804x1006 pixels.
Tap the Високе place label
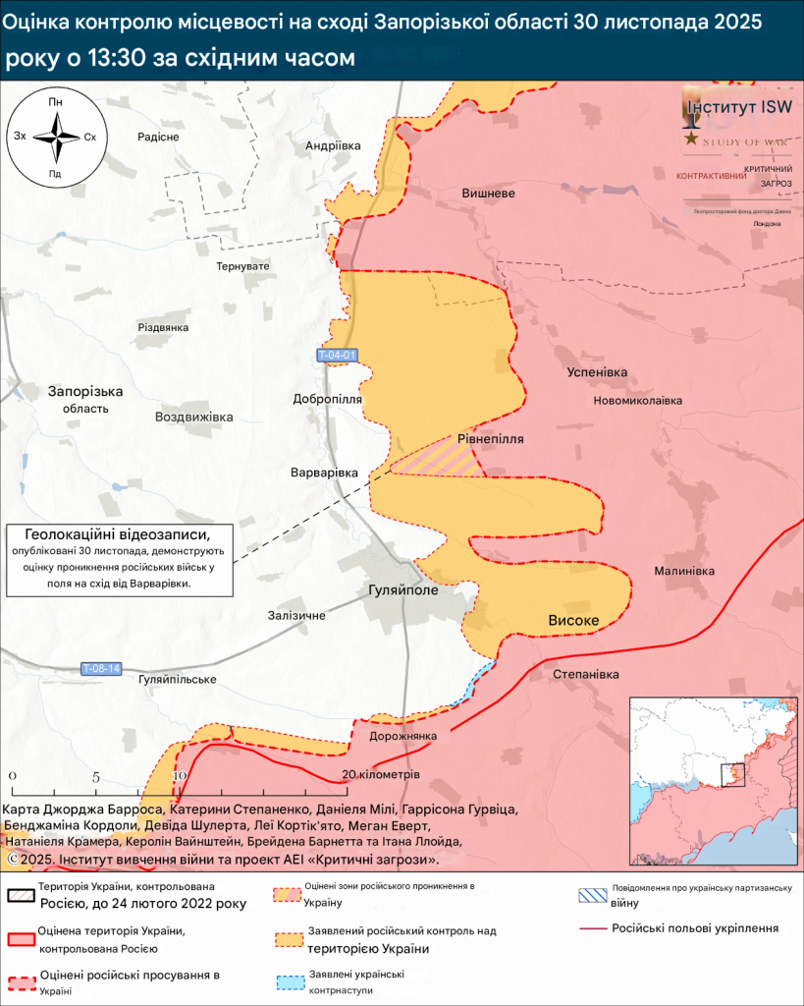coord(573,620)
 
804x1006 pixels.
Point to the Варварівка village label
coord(324,473)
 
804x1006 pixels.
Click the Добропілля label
coord(327,399)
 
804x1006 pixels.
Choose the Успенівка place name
coord(597,372)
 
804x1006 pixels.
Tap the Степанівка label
coord(586,674)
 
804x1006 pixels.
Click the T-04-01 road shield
coord(338,355)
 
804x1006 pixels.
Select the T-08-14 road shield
coord(101,669)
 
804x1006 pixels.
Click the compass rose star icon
coord(56,138)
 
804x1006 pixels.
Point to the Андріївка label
coord(333,144)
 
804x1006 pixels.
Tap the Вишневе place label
coord(488,194)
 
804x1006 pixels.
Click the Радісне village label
coord(158,137)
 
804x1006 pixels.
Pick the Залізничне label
coord(295,615)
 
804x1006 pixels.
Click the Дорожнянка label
coord(402,736)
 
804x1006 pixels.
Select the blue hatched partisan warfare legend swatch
coord(590,895)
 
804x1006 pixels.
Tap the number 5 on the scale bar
coord(95,776)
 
